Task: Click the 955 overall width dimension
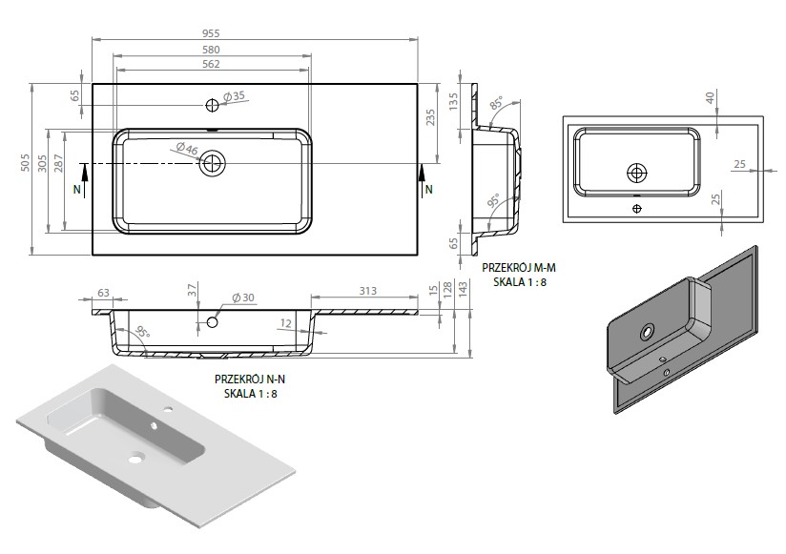(211, 33)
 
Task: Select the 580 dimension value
(211, 50)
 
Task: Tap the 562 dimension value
(211, 64)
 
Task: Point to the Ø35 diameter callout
(234, 95)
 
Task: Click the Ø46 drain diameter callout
(187, 148)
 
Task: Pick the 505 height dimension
(26, 163)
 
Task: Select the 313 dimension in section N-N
(367, 291)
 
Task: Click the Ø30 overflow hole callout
(243, 298)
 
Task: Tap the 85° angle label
(497, 103)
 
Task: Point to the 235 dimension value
(430, 117)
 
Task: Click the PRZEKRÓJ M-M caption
(519, 268)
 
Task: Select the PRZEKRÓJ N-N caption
(250, 380)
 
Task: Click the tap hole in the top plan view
(212, 105)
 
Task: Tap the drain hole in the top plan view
(212, 163)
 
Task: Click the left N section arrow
(84, 179)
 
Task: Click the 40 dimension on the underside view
(711, 97)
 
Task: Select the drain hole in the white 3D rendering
(136, 458)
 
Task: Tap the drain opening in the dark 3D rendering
(647, 331)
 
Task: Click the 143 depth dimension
(463, 288)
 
